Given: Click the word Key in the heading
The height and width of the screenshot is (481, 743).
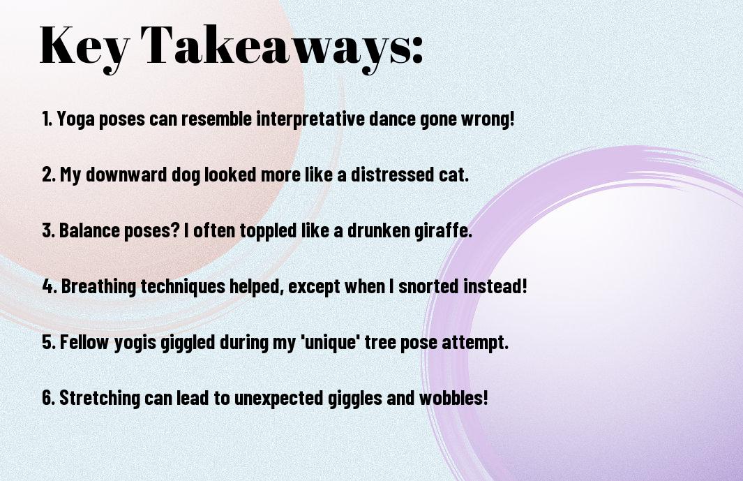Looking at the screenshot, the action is [84, 47].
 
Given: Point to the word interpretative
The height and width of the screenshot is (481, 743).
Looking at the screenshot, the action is [310, 119].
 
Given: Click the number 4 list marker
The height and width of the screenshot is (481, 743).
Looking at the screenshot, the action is [49, 286].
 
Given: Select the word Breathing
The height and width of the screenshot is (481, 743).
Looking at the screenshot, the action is [98, 287].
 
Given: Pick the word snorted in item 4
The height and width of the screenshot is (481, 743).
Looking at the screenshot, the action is [428, 286].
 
